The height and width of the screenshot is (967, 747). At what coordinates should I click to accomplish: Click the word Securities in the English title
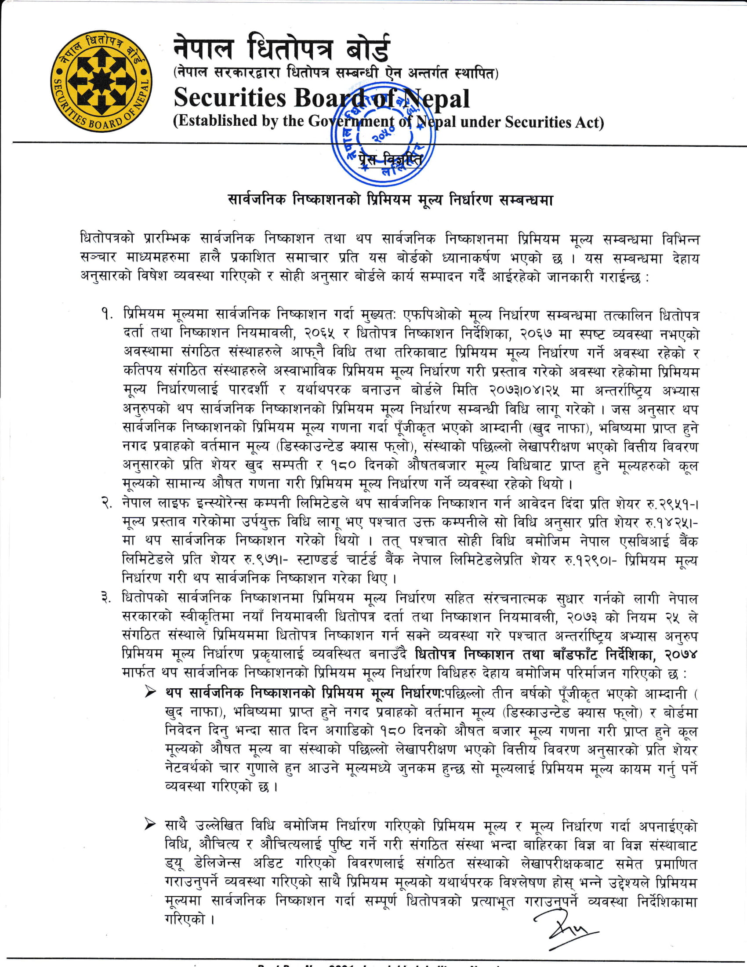coord(230,98)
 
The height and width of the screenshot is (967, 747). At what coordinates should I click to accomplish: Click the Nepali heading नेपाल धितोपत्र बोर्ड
coord(282,48)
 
